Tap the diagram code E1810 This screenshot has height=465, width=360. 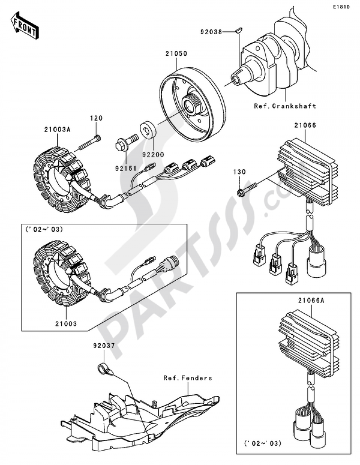pos(341,7)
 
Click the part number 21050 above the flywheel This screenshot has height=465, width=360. pos(176,54)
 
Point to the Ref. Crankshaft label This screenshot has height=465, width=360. pos(285,106)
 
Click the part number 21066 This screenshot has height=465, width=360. pos(305,125)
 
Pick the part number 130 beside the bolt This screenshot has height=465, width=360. pos(239,172)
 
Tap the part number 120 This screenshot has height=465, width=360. pos(96,118)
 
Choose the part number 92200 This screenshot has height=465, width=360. pos(153,155)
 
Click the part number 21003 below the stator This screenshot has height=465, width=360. pos(66,323)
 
